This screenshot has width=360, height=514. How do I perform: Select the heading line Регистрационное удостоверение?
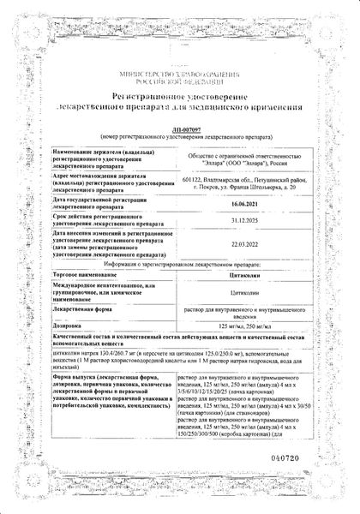pos(178,100)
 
